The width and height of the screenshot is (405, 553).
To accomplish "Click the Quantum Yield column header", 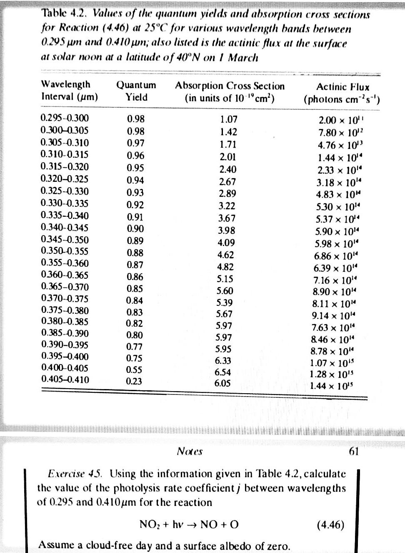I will coord(136,91).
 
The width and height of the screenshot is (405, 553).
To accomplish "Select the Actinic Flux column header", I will coord(342,93).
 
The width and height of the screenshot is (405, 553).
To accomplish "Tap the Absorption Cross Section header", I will coord(230,92).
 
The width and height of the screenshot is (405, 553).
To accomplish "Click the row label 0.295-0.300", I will coord(65,119).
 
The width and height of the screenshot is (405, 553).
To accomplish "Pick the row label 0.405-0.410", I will coord(65,379).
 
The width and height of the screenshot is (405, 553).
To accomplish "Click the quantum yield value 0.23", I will coord(134,381).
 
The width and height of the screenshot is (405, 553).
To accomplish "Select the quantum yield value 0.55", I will coord(134,369).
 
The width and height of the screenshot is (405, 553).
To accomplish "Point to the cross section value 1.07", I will coord(228,120).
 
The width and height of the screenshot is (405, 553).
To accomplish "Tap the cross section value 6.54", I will coord(222,372).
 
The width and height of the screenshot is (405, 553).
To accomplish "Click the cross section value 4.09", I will coord(226,243).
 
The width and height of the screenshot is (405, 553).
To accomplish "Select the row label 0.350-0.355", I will coord(65,251).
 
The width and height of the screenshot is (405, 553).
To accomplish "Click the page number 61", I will coord(353,451).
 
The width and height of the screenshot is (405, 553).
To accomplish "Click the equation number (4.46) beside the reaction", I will coord(330,524).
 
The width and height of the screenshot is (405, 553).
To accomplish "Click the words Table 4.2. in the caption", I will coord(65,13).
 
